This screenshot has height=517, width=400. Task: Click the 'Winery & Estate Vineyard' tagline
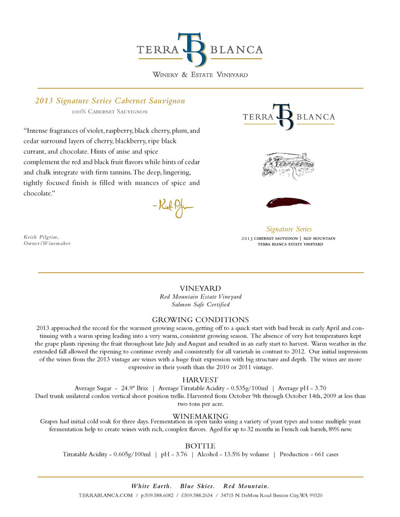[x=200, y=75]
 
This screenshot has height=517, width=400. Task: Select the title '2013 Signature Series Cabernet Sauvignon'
[x=110, y=101]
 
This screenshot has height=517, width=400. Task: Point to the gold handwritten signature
[x=172, y=206]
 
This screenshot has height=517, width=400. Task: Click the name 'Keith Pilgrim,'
[x=41, y=237]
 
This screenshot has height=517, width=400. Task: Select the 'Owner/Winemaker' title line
[x=47, y=243]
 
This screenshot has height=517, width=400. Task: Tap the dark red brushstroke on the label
[x=288, y=202]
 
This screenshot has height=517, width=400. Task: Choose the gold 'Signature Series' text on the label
[x=289, y=229]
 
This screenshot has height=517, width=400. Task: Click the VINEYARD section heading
[x=200, y=288]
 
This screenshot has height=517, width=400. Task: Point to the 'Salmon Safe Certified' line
[x=200, y=304]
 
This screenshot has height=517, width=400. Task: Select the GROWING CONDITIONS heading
[x=200, y=320]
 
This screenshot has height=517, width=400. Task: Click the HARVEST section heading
[x=200, y=380]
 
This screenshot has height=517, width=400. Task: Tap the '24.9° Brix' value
[x=135, y=388]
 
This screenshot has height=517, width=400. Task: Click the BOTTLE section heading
[x=200, y=446]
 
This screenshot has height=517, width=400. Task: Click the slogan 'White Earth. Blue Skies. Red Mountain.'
[x=200, y=486]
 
